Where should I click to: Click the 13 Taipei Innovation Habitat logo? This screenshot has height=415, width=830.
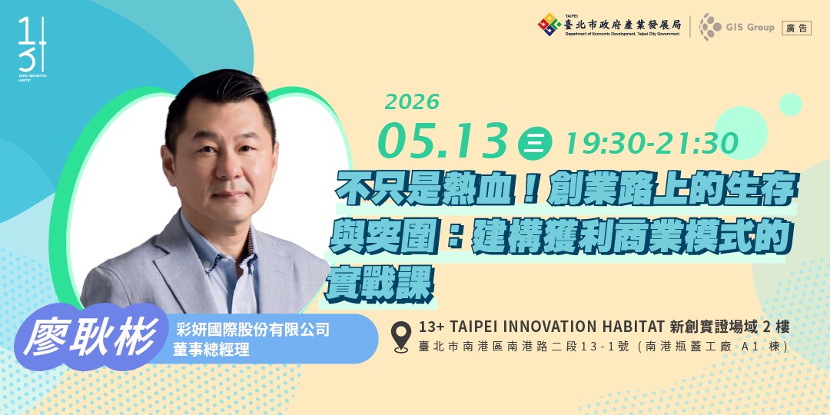point(32,48)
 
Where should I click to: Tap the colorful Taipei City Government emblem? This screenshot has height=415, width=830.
point(549,25)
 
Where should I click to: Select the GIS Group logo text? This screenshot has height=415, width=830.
point(749,28)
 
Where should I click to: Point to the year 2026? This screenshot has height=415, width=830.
point(412,101)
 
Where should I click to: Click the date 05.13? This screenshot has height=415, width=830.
point(443,141)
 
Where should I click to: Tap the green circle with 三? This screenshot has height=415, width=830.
point(532,144)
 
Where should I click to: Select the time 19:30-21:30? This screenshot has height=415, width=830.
point(651,142)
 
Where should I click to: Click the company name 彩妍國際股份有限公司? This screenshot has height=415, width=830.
point(253,330)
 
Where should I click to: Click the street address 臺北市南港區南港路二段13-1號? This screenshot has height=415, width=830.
point(523,347)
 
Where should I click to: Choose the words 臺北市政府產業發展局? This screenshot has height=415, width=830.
point(622,24)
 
